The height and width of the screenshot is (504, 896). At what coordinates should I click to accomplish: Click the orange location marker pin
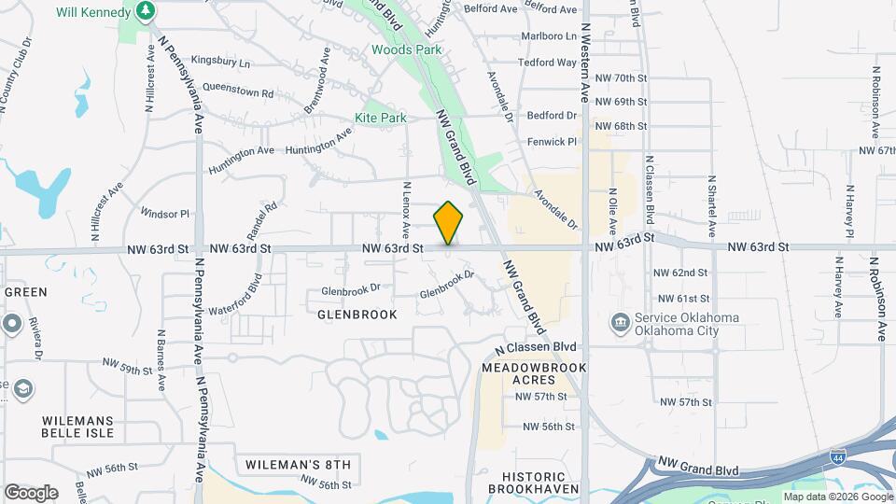449,223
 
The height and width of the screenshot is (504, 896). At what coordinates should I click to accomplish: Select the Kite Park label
381,119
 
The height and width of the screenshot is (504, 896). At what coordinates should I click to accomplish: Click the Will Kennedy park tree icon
146,10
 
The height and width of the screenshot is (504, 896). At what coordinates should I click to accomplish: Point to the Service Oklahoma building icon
619,323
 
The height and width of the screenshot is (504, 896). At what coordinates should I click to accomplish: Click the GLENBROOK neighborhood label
357,315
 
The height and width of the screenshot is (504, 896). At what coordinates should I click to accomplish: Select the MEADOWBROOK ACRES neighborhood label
534,374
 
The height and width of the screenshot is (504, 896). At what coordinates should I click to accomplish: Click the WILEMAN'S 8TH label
298,464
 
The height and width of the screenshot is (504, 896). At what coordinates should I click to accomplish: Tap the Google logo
31,492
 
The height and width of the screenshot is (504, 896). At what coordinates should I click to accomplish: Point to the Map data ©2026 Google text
836,497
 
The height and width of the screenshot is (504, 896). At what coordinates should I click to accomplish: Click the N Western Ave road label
585,63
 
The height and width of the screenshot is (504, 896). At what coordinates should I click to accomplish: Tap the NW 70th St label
620,78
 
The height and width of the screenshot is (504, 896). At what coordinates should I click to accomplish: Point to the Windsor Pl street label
165,214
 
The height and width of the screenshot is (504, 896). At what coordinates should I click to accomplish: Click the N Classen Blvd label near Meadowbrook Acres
539,347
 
